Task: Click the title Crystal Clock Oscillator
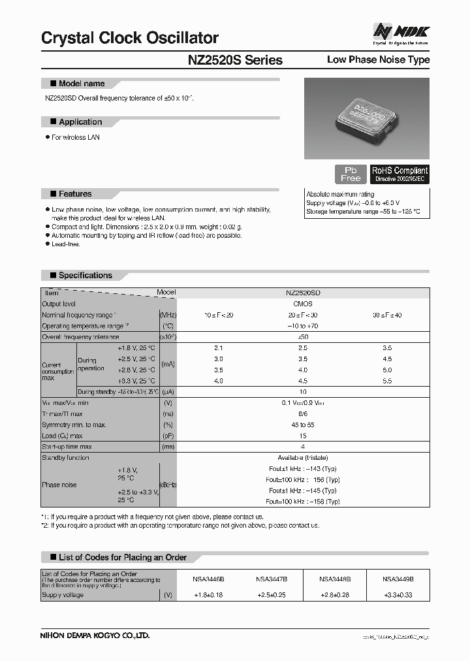pos(130,39)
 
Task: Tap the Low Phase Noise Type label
pos(378,60)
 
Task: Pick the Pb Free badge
pos(351,174)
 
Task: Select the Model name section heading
pos(81,84)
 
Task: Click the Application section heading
pos(80,122)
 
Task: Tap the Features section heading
pos(74,194)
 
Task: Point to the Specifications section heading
pos(85,276)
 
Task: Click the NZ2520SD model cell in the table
pos(303,293)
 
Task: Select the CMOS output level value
pos(303,304)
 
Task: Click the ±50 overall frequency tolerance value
pos(303,336)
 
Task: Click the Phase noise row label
pos(59,485)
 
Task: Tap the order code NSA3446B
pos(208,579)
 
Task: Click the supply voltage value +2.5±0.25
pos(272,595)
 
